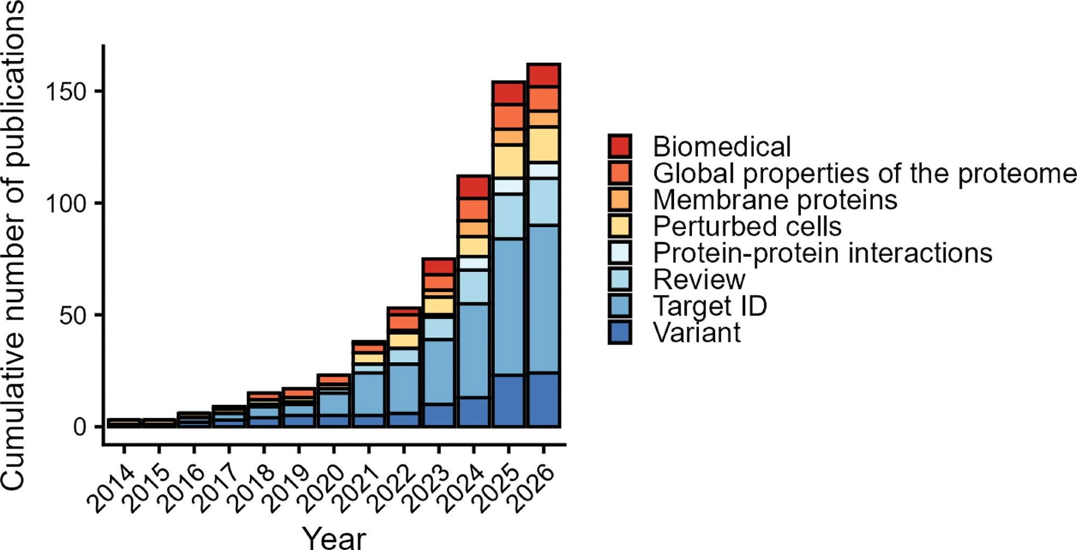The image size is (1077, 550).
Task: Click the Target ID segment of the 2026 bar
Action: [x=544, y=299]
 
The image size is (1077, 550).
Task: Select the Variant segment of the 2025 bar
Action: [x=508, y=400]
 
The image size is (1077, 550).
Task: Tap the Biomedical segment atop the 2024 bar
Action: [x=473, y=187]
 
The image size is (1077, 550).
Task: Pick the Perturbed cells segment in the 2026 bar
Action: [x=544, y=144]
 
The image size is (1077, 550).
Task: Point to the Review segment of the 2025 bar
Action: [x=508, y=216]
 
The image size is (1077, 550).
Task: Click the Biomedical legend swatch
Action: [x=620, y=146]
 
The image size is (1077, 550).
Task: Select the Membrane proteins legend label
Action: [x=774, y=200]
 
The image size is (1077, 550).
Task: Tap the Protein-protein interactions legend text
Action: [x=822, y=253]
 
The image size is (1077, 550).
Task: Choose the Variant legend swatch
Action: [x=620, y=332]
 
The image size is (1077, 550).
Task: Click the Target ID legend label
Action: [x=709, y=306]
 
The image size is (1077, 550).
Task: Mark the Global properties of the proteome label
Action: [x=864, y=173]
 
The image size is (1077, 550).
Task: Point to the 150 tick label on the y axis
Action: [x=66, y=91]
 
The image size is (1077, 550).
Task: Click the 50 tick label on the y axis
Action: [x=73, y=315]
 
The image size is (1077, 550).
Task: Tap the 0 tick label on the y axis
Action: [x=80, y=427]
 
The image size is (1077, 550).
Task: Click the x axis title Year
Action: [x=334, y=537]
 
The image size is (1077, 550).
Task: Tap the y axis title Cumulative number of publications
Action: [x=13, y=245]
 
